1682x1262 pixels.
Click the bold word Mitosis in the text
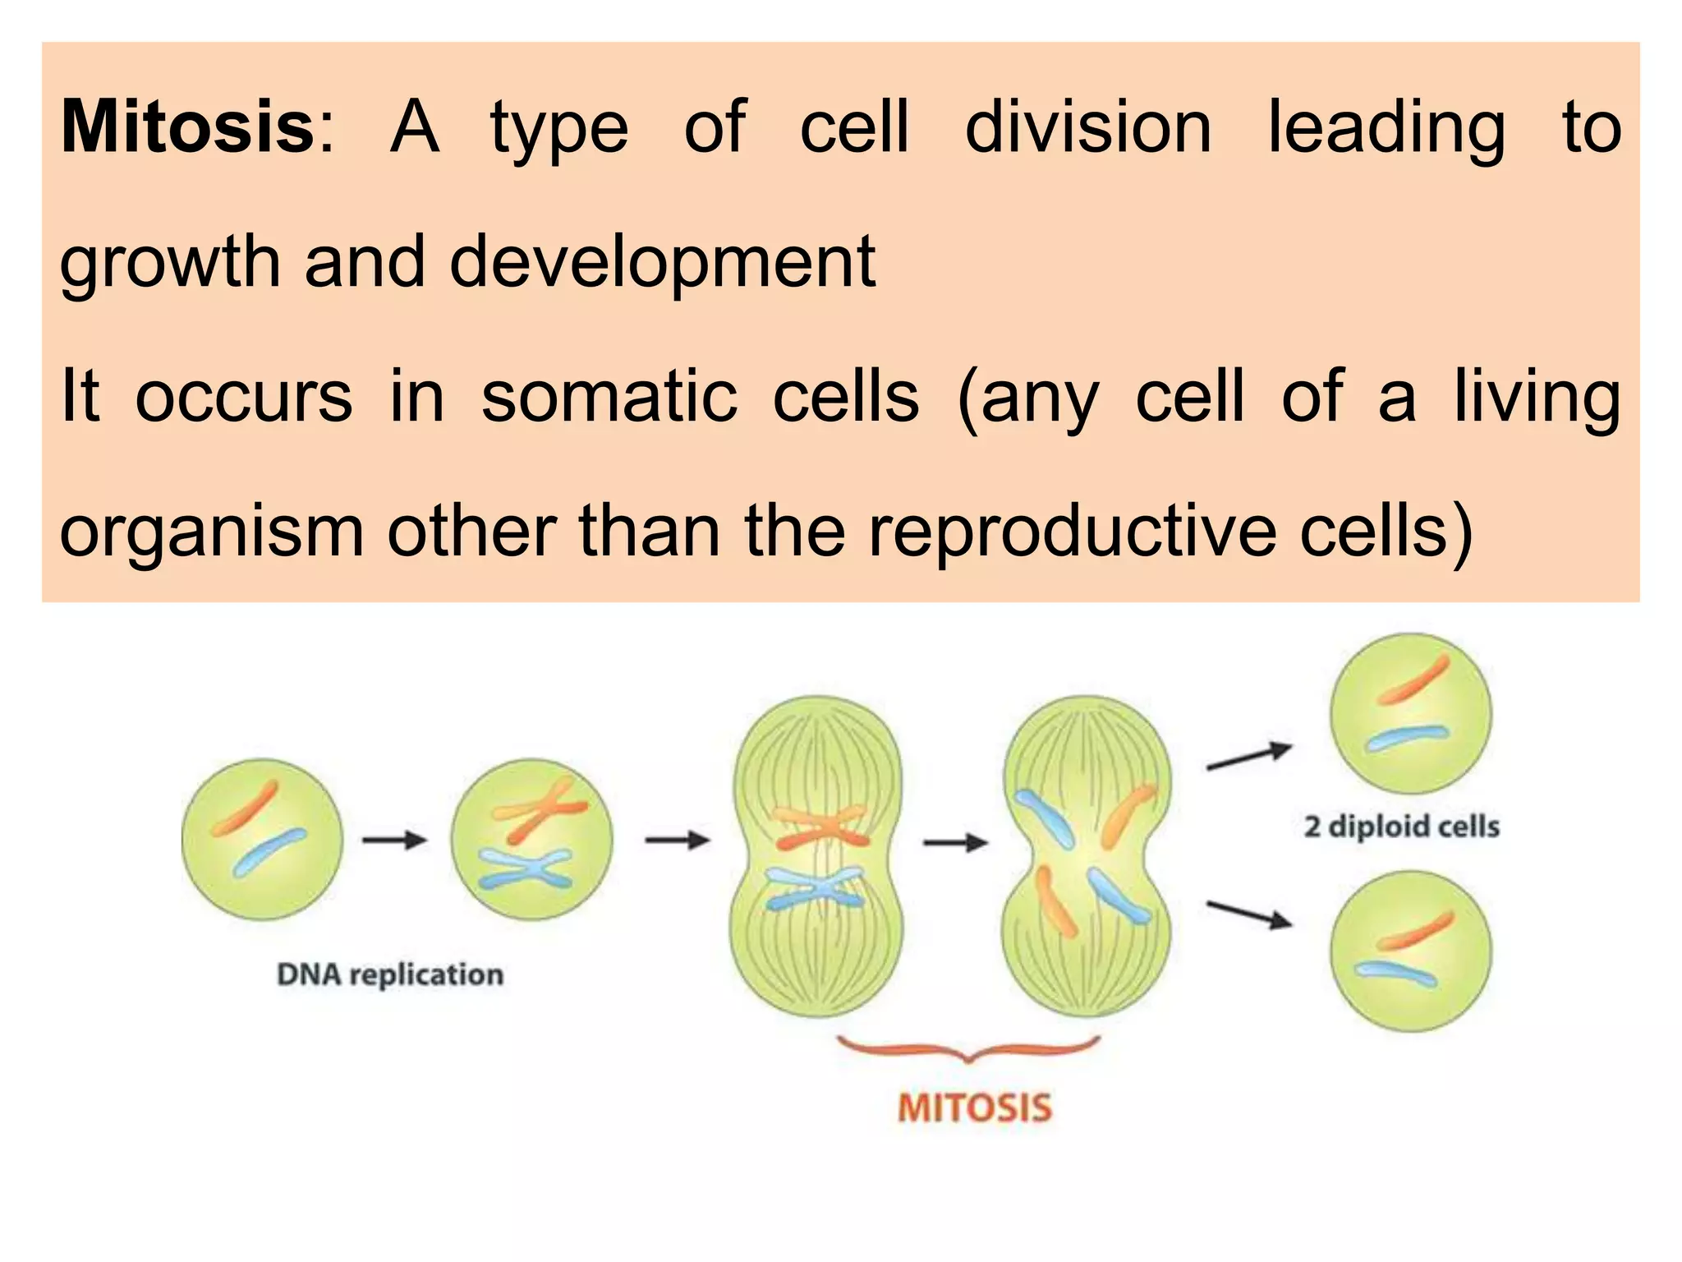187,127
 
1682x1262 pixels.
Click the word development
663,262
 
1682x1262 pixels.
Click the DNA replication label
390,974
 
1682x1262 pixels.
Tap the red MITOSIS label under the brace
974,1108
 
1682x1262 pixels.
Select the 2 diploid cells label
1401,826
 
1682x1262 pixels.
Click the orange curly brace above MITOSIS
967,1049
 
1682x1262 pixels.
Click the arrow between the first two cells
395,840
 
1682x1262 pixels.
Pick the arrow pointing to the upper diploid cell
1248,757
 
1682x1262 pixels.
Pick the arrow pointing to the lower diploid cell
1248,914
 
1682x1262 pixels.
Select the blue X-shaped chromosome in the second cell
525,870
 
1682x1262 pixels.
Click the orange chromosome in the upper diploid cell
1413,681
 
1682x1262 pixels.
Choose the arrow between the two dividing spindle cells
954,842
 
